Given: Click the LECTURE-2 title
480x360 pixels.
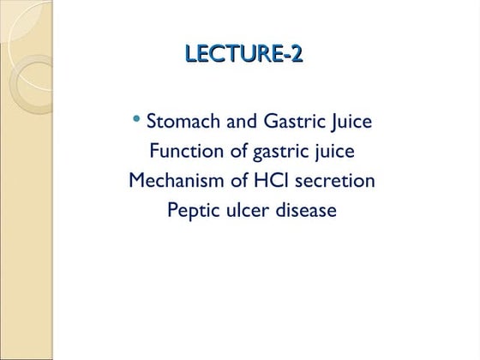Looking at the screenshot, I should tap(244, 55).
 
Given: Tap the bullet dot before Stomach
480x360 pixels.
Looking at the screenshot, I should tap(137, 118).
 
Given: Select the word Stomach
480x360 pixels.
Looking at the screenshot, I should tap(183, 122).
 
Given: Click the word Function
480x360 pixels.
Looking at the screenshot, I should tap(184, 152).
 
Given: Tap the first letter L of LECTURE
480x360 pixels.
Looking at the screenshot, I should tap(192, 55).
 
